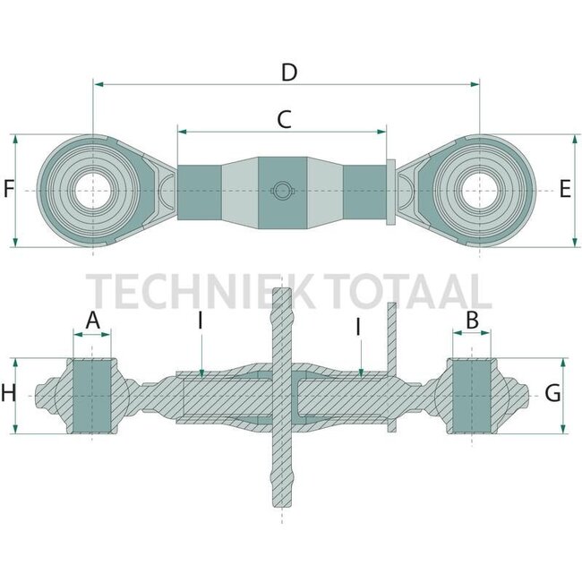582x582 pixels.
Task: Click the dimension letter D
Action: click(x=288, y=73)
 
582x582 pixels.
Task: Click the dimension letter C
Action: click(x=284, y=119)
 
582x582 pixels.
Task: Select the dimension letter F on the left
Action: click(x=9, y=189)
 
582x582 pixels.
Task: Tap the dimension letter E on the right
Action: click(x=564, y=189)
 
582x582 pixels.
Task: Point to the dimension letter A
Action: click(x=92, y=320)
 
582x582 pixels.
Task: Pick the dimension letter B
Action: click(x=472, y=319)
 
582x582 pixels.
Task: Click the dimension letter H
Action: click(x=9, y=392)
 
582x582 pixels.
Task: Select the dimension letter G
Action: click(x=552, y=392)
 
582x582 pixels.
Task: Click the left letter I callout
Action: click(x=201, y=321)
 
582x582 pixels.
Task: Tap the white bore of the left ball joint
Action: click(x=92, y=192)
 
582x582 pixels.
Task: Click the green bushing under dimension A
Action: click(x=92, y=395)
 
